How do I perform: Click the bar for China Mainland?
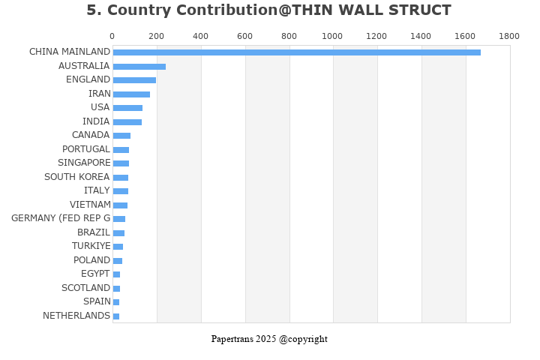pos(296,52)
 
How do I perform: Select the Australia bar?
pos(139,67)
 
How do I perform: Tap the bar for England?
pos(134,80)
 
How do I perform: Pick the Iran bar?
pos(131,94)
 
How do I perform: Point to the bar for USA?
pos(127,108)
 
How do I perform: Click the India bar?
pos(127,122)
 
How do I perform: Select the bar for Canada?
pos(121,136)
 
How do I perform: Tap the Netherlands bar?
pos(116,316)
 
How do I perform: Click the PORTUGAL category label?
pos(85,149)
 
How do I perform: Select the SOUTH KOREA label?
pos(77,177)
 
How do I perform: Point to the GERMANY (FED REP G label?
pos(61,218)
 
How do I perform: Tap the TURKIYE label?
pos(91,246)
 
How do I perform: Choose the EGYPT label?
pos(95,274)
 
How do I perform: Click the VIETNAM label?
pos(90,205)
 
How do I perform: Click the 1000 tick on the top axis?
pos(332,36)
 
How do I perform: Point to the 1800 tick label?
pos(508,36)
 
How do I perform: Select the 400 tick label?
pos(200,36)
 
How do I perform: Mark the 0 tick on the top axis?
pos(112,36)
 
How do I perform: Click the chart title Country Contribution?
pos(268,10)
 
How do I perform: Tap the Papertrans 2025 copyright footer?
pos(269,339)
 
